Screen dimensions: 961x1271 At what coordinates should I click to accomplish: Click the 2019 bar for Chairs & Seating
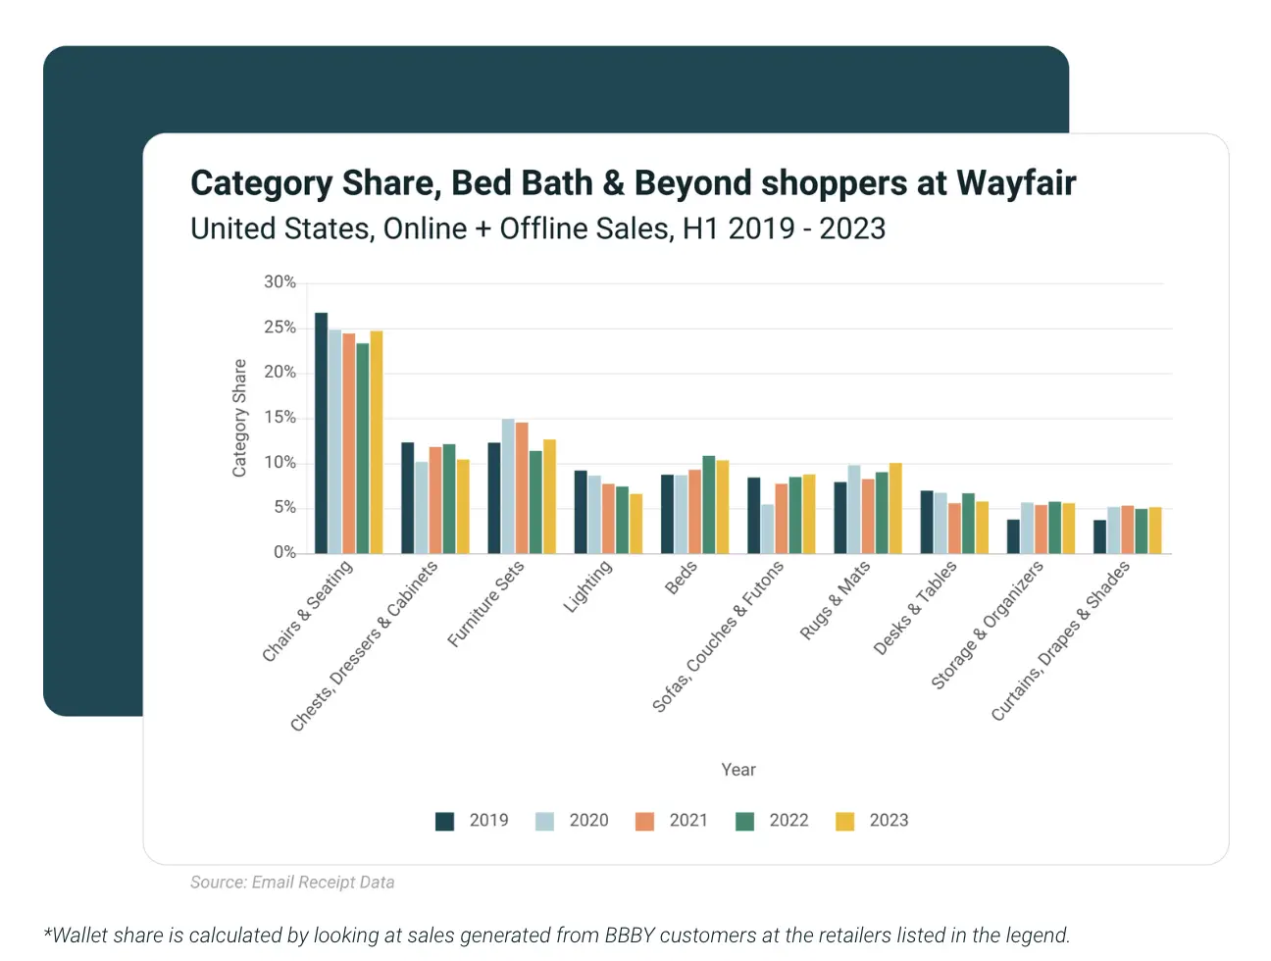[321, 432]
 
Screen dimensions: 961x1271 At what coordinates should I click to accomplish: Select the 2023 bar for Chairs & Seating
[377, 442]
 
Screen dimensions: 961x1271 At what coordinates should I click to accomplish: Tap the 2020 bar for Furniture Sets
[508, 485]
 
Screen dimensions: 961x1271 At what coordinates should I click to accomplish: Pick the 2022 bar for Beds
[708, 504]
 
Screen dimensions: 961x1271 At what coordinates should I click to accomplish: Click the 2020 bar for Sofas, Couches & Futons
[767, 529]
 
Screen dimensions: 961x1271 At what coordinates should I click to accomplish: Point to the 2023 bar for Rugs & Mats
[895, 508]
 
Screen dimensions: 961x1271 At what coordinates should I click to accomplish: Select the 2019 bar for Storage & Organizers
[1013, 536]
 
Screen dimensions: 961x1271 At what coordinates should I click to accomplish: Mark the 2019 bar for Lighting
[581, 512]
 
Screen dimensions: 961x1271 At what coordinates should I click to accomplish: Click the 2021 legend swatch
[644, 822]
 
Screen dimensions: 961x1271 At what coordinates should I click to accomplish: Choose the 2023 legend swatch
[844, 822]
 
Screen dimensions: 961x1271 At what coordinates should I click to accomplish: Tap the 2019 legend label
[488, 821]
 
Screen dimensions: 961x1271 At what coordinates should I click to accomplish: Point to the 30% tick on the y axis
[280, 282]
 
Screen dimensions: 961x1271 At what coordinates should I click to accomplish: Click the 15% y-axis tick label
[280, 418]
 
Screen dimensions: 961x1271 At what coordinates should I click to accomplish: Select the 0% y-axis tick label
[284, 553]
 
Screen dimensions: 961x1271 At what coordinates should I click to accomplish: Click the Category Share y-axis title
[239, 418]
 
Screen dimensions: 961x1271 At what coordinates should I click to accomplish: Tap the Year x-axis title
[738, 770]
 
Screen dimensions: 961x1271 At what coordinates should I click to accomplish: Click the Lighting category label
[588, 586]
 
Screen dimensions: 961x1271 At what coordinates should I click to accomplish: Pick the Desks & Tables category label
[915, 608]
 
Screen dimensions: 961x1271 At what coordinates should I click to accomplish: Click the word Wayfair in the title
[1016, 183]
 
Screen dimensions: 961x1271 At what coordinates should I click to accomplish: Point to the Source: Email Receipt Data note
[292, 883]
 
